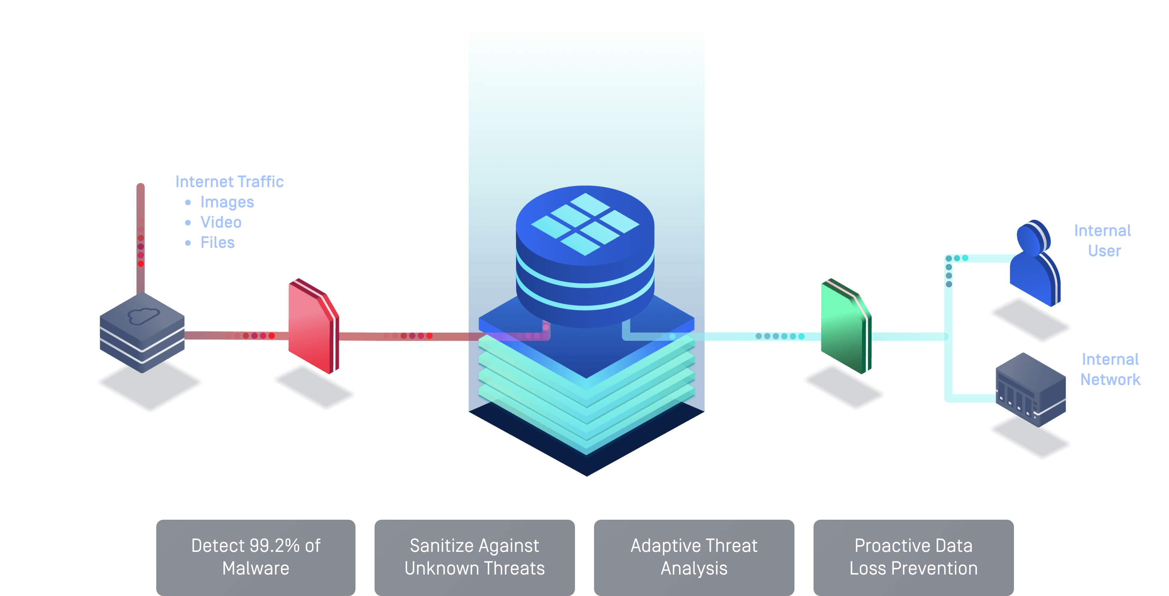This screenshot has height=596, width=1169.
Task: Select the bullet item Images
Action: (227, 202)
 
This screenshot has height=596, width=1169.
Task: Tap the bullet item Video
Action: (221, 222)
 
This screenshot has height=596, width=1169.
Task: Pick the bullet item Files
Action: (217, 243)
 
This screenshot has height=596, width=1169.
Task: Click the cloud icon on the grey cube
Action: (144, 315)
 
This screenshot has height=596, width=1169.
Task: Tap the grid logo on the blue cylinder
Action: (585, 224)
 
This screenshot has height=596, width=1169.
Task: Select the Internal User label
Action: (1103, 240)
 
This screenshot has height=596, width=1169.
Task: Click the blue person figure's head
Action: (1032, 237)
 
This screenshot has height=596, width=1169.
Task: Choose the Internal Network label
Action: (1110, 369)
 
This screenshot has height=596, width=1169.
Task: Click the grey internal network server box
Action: (1030, 390)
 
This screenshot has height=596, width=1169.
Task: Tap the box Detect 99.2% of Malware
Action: (256, 557)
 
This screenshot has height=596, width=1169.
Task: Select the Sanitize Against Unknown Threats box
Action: (474, 557)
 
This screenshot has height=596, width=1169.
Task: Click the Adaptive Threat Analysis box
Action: (694, 557)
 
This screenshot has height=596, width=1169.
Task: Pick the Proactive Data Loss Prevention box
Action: (913, 557)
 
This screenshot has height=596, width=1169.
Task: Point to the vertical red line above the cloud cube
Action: (141, 236)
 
